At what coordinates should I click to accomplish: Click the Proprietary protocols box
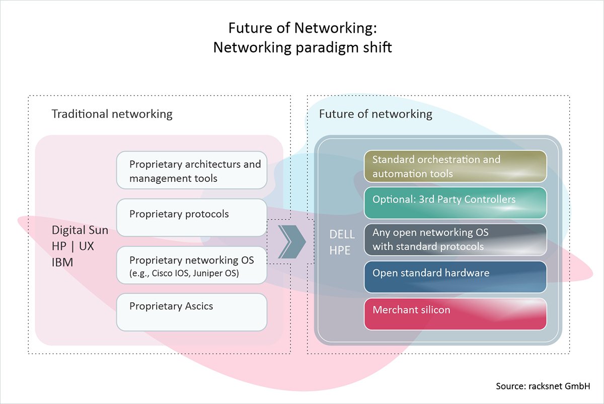[191, 217]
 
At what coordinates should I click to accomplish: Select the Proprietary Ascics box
[191, 312]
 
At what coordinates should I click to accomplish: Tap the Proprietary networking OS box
[191, 266]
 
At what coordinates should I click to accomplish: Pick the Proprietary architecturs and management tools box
[191, 171]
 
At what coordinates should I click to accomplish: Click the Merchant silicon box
[455, 313]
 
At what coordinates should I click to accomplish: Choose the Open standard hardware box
[455, 276]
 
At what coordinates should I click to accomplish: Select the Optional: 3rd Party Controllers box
[455, 203]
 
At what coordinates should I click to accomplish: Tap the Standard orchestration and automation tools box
[455, 166]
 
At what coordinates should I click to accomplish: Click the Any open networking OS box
[455, 240]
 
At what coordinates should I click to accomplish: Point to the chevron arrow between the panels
[291, 242]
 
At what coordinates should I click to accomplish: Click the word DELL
[342, 234]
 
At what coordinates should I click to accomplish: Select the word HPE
[340, 250]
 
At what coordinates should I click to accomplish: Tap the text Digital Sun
[80, 230]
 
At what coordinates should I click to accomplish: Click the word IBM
[62, 262]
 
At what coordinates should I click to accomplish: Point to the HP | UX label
[73, 246]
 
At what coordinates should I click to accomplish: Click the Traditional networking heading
[112, 114]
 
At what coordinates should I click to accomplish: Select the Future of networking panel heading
[375, 114]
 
